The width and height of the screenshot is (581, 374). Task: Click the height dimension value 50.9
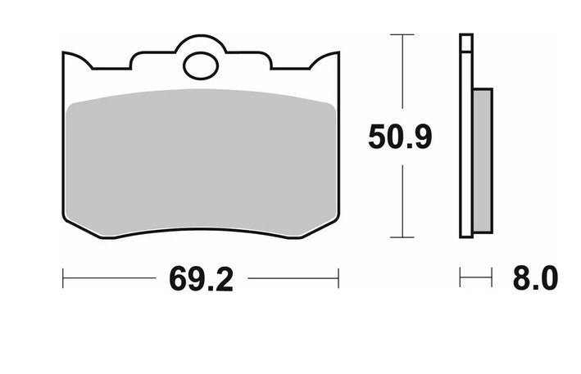pyautogui.click(x=400, y=137)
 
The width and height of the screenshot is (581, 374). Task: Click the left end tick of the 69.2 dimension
pyautogui.click(x=64, y=278)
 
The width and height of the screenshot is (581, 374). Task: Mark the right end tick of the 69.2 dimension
pyautogui.click(x=338, y=278)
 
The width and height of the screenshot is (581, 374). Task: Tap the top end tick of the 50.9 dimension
pyautogui.click(x=400, y=35)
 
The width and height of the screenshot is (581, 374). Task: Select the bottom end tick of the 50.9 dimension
pyautogui.click(x=400, y=238)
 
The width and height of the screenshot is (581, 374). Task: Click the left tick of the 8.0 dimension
pyautogui.click(x=461, y=278)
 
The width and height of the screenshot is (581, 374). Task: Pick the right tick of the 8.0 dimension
pyautogui.click(x=492, y=278)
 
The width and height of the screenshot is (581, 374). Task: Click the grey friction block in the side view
pyautogui.click(x=483, y=160)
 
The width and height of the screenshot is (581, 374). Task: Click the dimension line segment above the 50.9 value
pyautogui.click(x=400, y=78)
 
